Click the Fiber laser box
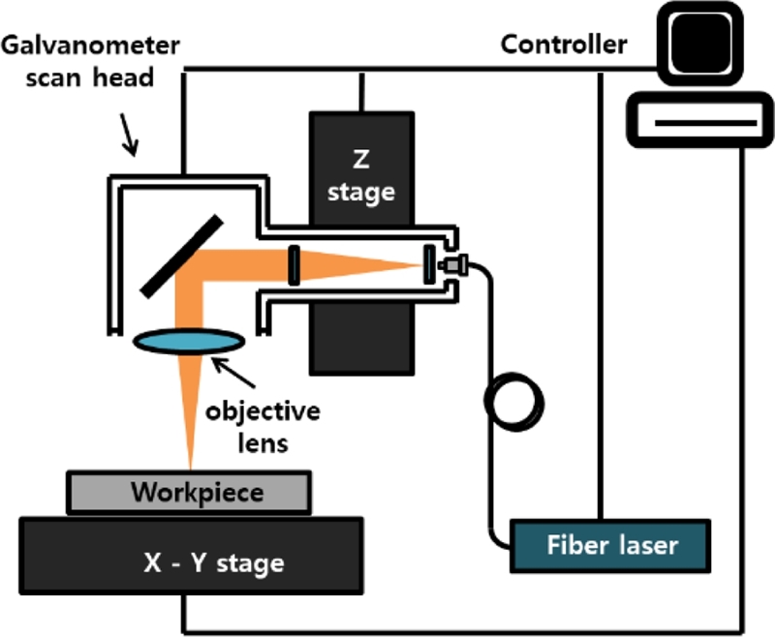pyautogui.click(x=609, y=545)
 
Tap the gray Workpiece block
pyautogui.click(x=189, y=492)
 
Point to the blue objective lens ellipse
pyautogui.click(x=188, y=340)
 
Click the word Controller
pyautogui.click(x=564, y=44)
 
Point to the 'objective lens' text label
pyautogui.click(x=263, y=426)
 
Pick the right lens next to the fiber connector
pyautogui.click(x=428, y=262)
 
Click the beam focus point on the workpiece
pyautogui.click(x=192, y=469)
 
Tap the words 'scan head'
pyautogui.click(x=104, y=77)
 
